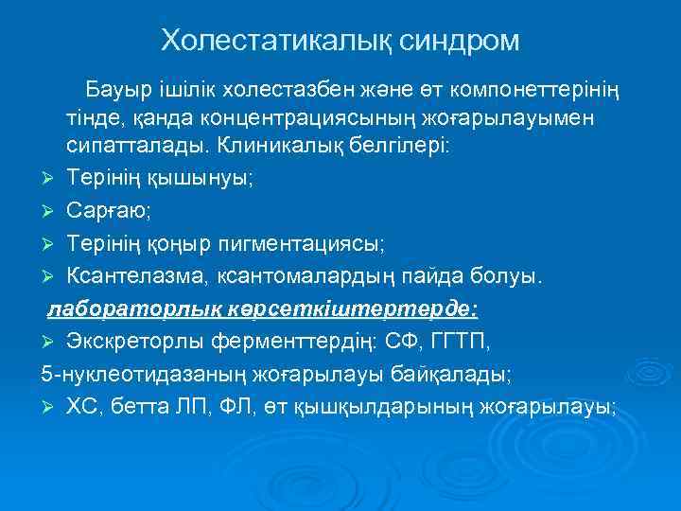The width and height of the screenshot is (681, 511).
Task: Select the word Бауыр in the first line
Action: (x=115, y=90)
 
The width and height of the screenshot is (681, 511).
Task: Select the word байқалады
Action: (x=452, y=374)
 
